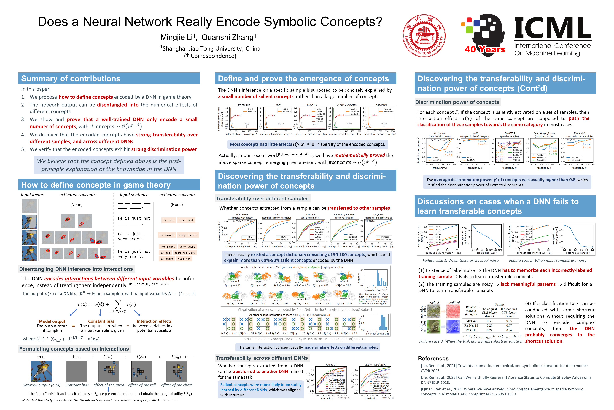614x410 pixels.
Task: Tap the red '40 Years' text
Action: coord(485,49)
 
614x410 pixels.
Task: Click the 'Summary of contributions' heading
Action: coord(71,78)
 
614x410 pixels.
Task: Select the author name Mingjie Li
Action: coord(176,37)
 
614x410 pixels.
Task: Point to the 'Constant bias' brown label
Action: coord(101,321)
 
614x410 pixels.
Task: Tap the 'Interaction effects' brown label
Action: coord(154,321)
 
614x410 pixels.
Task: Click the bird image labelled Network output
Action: coord(41,371)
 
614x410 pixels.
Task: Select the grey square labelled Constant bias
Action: coord(77,371)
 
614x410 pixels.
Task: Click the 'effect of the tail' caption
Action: coord(142,385)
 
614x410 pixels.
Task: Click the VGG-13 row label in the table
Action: coord(471,330)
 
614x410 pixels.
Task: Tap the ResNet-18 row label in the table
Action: coord(471,325)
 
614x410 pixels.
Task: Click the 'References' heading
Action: coord(433,358)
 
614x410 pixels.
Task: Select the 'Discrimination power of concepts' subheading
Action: coord(457,102)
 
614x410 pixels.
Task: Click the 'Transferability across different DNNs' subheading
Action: coord(262,358)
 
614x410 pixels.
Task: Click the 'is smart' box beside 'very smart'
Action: coord(166,235)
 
